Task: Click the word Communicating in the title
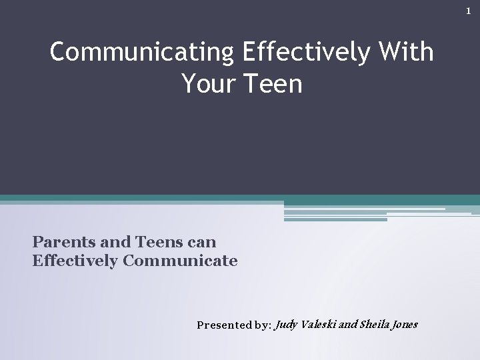pos(139,52)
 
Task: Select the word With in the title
pos(405,52)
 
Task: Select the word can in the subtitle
pos(202,241)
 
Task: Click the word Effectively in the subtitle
pos(75,260)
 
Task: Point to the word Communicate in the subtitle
pos(180,260)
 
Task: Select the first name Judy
pos(287,325)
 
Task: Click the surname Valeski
pos(319,325)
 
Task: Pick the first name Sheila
pos(373,325)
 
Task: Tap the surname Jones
pos(404,325)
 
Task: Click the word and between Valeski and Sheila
pos(348,325)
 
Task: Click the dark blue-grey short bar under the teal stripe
pos(335,219)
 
